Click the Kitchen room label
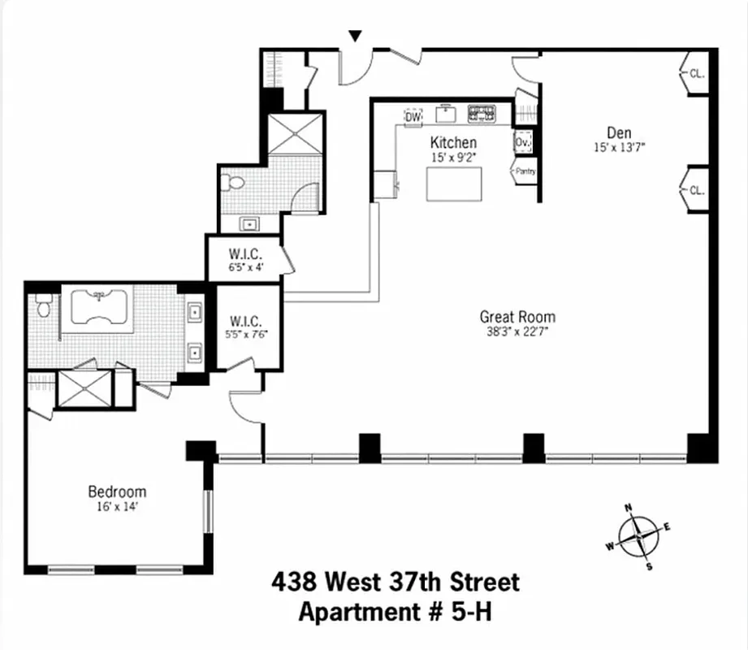click(x=453, y=143)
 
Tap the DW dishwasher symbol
click(x=413, y=118)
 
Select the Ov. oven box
click(x=522, y=143)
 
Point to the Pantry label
click(x=524, y=171)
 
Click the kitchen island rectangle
click(x=454, y=184)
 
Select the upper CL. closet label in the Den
click(x=696, y=73)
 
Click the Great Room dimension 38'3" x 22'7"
click(x=517, y=331)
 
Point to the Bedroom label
click(x=117, y=492)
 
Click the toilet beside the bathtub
click(x=45, y=307)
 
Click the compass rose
click(x=638, y=536)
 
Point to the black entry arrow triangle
click(x=354, y=37)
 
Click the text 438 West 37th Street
click(x=395, y=583)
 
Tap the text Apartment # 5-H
click(x=395, y=611)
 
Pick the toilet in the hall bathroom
click(x=236, y=183)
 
